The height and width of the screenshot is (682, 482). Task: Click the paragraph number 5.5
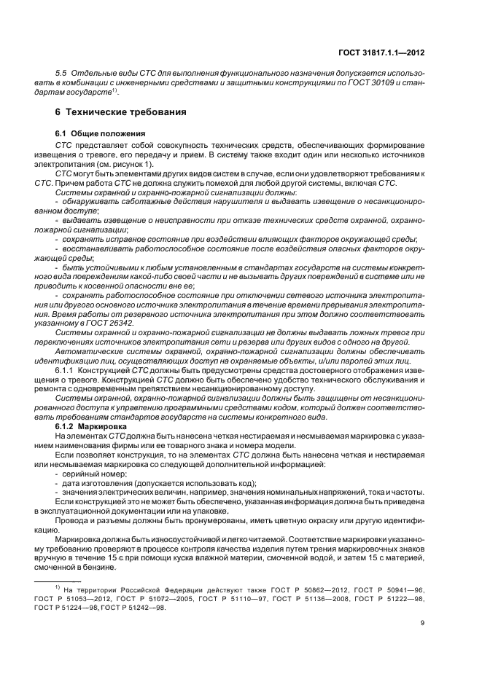62,75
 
